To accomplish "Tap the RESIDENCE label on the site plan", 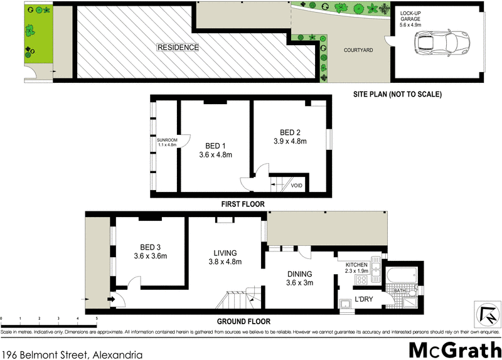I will [x=178, y=48].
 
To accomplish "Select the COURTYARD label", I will [x=358, y=50].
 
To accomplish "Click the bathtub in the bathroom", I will [x=400, y=275].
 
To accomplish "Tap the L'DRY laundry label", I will [x=364, y=299].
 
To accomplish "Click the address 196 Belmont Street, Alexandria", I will [x=72, y=352].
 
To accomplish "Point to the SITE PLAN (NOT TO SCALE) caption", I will [x=398, y=95].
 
